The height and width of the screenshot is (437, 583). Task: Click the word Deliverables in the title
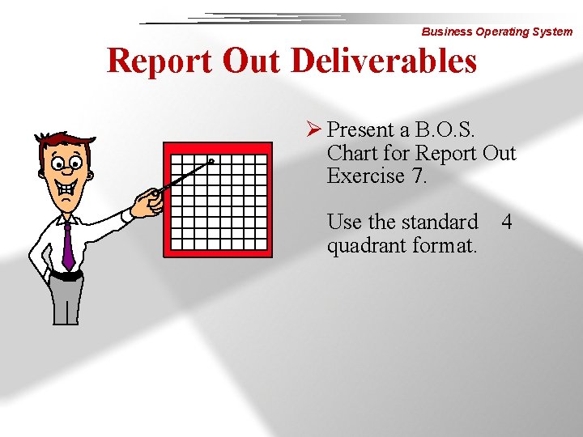point(384,61)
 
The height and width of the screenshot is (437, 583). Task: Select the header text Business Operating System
point(496,32)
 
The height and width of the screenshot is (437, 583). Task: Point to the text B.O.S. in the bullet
point(445,129)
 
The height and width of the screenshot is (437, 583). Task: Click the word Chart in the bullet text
point(354,153)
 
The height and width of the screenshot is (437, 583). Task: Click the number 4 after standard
point(507,221)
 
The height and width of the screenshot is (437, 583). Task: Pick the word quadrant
point(364,244)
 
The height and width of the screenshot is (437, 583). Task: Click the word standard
point(437,221)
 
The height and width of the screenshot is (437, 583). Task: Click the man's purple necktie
point(68,247)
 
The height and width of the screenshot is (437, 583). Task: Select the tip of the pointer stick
point(211,162)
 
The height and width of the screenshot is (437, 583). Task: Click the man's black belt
point(66,275)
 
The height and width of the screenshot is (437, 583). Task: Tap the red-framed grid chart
point(218,199)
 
